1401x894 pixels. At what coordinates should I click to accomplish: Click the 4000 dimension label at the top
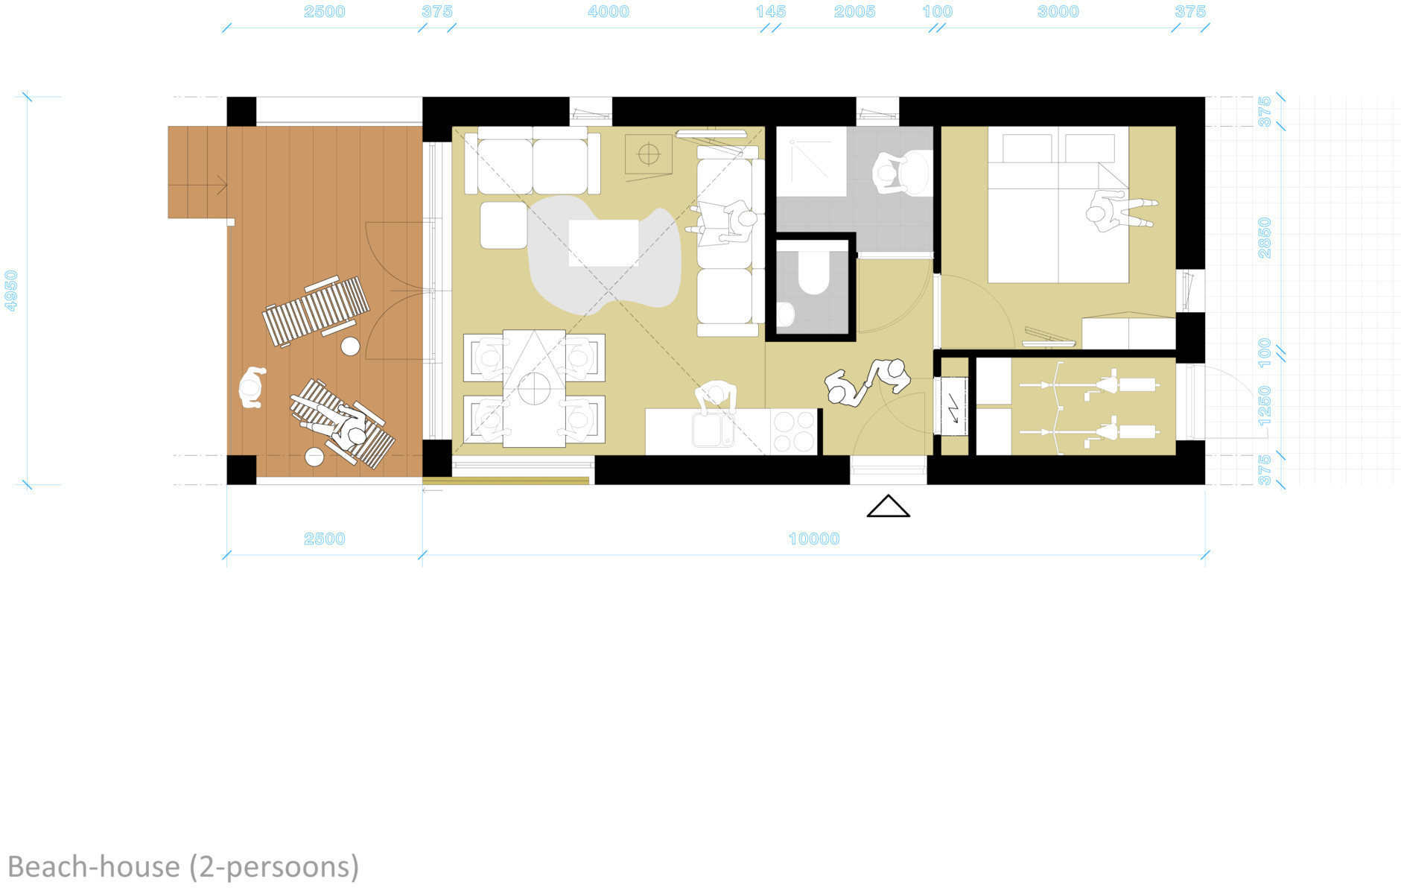click(x=609, y=12)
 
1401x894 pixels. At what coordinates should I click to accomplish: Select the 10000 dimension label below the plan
click(x=814, y=539)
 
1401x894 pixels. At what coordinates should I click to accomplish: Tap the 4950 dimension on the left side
click(x=11, y=291)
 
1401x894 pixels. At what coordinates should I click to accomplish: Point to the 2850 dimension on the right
click(x=1265, y=238)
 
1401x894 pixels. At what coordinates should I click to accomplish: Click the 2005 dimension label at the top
click(x=854, y=12)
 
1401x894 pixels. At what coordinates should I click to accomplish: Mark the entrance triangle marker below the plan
click(x=889, y=506)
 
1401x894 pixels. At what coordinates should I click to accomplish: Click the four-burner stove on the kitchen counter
click(x=794, y=431)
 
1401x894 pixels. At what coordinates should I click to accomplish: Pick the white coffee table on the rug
click(x=603, y=243)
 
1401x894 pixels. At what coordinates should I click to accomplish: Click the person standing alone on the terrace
click(x=252, y=387)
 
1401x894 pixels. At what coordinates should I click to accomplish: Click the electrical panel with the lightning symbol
click(x=953, y=406)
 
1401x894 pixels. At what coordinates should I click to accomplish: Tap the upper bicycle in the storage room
click(x=1088, y=385)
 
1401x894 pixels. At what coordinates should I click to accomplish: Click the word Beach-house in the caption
click(x=94, y=867)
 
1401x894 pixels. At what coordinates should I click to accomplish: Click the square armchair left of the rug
click(x=503, y=225)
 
